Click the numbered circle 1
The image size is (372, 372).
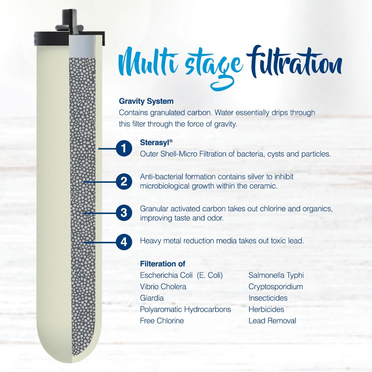(124, 148)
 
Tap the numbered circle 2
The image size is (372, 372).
(124, 181)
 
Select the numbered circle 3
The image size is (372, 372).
(124, 213)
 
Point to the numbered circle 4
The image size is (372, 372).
(124, 241)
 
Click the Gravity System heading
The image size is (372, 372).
(146, 101)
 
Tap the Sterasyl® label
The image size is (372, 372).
(156, 142)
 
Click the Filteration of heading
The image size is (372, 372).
(162, 264)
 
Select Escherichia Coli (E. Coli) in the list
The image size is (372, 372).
(181, 275)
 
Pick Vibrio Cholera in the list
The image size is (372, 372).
(163, 287)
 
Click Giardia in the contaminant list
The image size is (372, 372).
(152, 298)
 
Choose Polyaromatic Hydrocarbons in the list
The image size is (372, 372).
(185, 309)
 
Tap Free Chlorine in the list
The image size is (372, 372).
(162, 321)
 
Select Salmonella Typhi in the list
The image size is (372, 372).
(276, 275)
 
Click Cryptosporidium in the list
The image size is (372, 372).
(276, 287)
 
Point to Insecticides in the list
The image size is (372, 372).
(268, 298)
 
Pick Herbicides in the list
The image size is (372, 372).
(266, 309)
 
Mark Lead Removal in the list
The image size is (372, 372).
(272, 321)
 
